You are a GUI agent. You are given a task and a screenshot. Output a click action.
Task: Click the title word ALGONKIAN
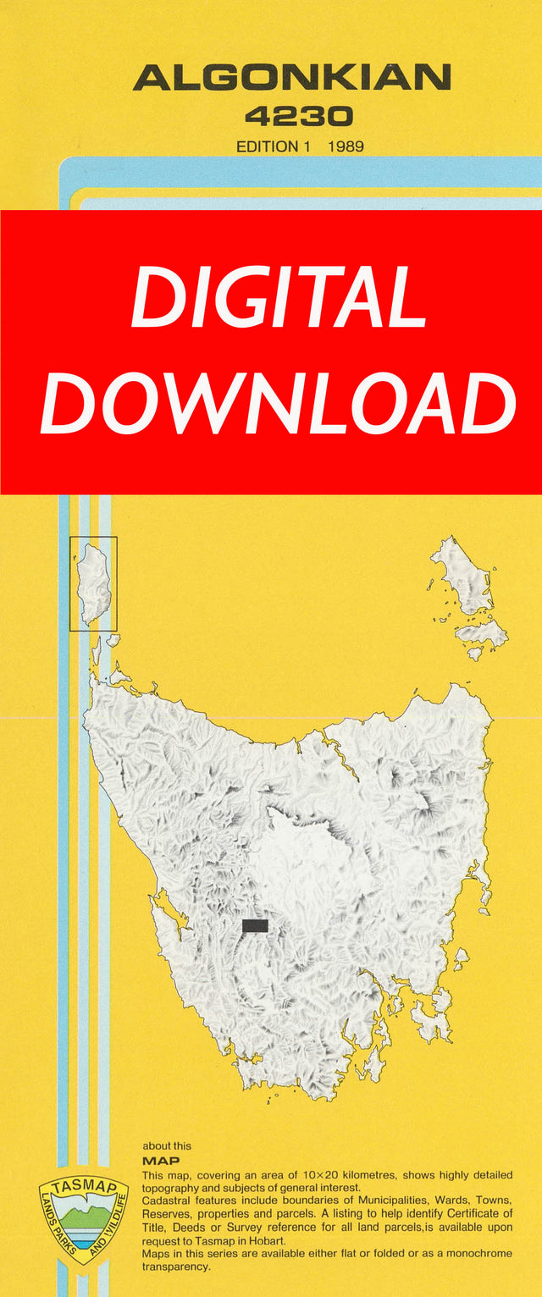tap(291, 79)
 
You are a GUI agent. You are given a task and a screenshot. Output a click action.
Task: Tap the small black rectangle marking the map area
tap(255, 925)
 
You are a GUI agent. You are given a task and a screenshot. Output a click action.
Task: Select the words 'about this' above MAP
tap(167, 1146)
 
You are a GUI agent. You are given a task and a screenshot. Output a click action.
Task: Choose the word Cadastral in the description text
tap(168, 1201)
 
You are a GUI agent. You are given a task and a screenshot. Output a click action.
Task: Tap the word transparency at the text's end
tap(177, 1267)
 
